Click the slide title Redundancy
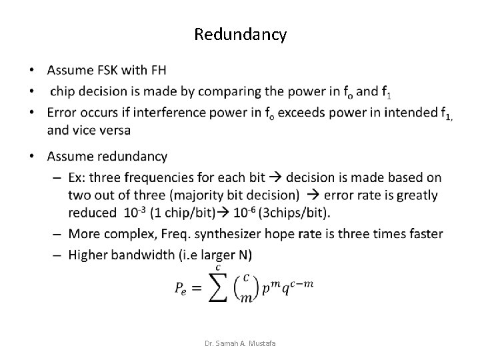coord(241,34)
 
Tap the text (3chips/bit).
coord(294,213)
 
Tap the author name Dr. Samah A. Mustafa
coord(241,343)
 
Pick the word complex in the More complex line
coord(125,233)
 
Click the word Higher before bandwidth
coord(93,254)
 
